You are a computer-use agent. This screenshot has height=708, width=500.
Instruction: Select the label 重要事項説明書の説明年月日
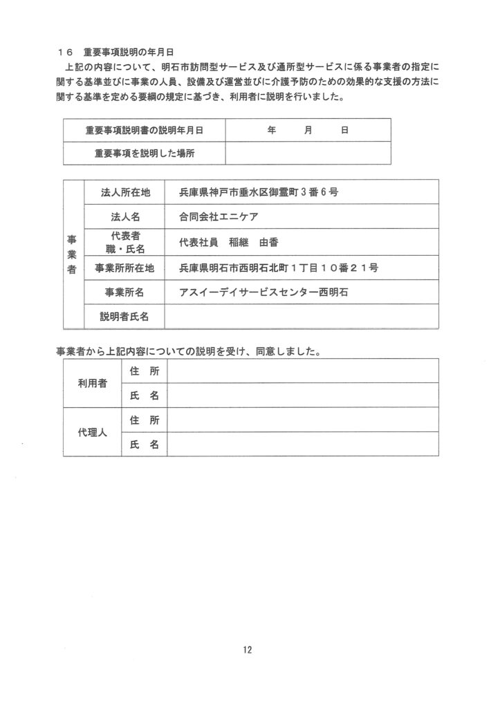click(144, 129)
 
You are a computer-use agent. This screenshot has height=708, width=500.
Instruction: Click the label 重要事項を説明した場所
click(144, 153)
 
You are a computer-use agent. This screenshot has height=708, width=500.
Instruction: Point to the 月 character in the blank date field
click(307, 129)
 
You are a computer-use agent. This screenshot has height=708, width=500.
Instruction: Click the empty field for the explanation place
click(307, 153)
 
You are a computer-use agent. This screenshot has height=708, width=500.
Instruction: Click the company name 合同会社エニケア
click(218, 216)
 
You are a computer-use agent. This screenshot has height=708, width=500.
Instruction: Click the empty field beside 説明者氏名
click(301, 317)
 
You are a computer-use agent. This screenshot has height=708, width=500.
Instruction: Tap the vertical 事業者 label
click(72, 254)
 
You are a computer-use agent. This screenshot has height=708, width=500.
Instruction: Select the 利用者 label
click(92, 383)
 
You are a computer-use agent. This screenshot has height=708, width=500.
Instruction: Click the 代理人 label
click(92, 432)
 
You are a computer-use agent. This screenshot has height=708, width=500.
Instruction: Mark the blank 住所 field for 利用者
click(303, 371)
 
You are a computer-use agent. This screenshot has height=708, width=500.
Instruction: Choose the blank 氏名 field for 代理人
click(303, 445)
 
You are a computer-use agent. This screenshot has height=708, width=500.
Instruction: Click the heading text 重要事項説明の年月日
click(128, 52)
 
